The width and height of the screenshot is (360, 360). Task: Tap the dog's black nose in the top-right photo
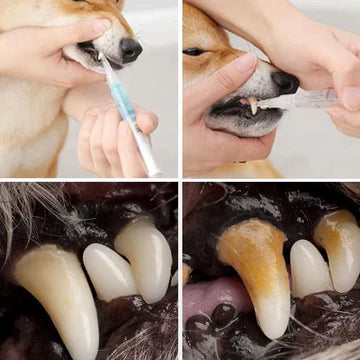[x=286, y=81]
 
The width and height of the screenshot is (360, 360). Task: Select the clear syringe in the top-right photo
[x=305, y=98]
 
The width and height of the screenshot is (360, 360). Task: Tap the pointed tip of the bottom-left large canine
[x=88, y=345]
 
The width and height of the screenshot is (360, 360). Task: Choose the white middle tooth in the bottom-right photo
[x=309, y=267]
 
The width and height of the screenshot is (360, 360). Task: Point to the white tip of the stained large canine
[x=271, y=322]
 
